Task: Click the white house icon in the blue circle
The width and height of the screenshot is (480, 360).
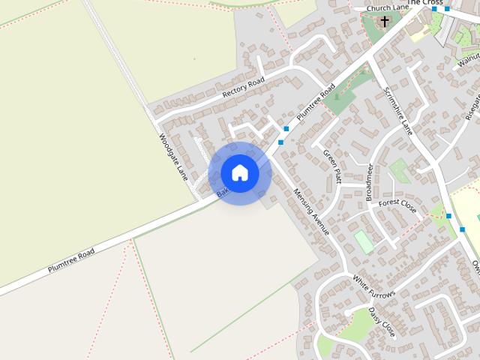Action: pos(240,172)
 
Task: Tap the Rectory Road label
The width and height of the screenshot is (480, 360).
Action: pos(244,88)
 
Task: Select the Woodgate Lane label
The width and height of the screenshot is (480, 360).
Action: pos(173,157)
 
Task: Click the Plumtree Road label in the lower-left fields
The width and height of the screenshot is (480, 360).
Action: pos(71,259)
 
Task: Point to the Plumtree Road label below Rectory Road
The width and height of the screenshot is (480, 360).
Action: pos(316,103)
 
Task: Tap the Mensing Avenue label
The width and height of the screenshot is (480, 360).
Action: pos(311,211)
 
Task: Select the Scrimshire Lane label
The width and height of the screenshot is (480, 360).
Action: pos(398,110)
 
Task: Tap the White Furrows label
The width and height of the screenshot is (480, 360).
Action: pos(373,289)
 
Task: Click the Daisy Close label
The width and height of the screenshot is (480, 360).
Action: pos(382,320)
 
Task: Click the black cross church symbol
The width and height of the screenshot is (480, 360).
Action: pos(385,21)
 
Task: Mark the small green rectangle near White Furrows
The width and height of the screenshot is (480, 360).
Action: pos(364,241)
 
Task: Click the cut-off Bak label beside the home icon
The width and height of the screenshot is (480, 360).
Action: pos(222,193)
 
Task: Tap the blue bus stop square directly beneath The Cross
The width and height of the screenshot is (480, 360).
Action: pos(435,9)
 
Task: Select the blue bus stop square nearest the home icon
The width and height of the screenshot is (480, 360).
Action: pos(280,142)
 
